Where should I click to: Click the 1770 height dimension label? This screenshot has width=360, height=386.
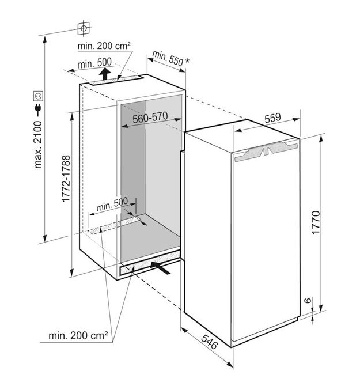316,222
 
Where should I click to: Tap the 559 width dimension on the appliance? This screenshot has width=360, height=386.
272,118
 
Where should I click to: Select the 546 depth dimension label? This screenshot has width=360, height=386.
210,342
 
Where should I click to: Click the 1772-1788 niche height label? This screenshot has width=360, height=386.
66,179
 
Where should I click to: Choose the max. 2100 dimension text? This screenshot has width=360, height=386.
38,145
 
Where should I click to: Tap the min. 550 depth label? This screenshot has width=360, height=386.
168,59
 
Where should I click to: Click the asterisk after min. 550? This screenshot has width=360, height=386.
187,61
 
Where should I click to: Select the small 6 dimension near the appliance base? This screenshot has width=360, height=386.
308,301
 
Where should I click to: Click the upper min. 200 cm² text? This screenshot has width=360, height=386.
104,46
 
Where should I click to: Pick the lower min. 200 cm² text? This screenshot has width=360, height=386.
78,335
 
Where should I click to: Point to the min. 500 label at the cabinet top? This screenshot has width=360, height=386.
94,63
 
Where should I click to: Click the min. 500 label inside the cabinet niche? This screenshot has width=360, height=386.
112,205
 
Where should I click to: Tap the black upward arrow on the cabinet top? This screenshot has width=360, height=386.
105,73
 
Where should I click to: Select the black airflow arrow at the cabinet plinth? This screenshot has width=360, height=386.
160,268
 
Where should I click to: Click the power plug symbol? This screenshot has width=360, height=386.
38,110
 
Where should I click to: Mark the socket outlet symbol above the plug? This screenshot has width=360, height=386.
39,96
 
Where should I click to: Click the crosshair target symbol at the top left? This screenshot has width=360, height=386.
84,28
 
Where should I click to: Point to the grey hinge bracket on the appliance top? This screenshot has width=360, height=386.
266,150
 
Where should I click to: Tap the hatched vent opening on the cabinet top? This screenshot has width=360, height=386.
116,80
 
